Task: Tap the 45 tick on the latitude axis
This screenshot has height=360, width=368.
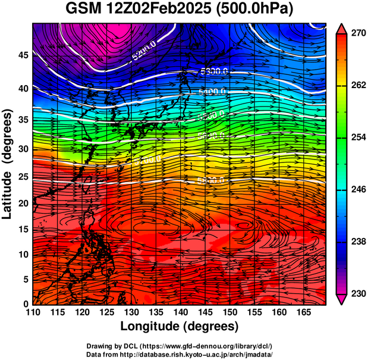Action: (23, 55)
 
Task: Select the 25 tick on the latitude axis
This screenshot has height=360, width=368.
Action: (23, 177)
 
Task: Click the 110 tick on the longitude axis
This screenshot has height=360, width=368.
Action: (33, 312)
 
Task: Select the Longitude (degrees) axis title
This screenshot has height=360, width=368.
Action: (180, 326)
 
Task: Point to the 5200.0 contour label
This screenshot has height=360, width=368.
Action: (143, 54)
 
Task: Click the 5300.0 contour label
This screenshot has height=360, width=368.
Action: (213, 72)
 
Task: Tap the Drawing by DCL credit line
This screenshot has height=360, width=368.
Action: (180, 346)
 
